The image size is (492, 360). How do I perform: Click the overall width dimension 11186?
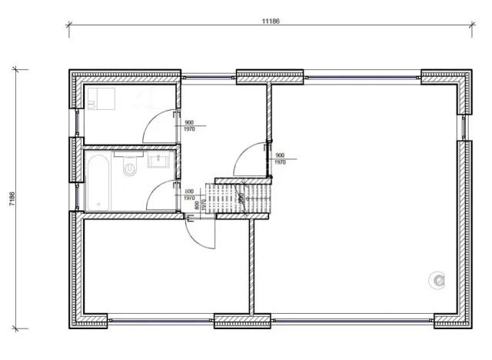point(269,21)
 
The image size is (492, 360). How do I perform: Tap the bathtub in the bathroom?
point(98,182)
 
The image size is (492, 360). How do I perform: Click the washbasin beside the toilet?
point(160,161)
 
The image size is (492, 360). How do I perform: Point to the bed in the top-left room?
point(101,99)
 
